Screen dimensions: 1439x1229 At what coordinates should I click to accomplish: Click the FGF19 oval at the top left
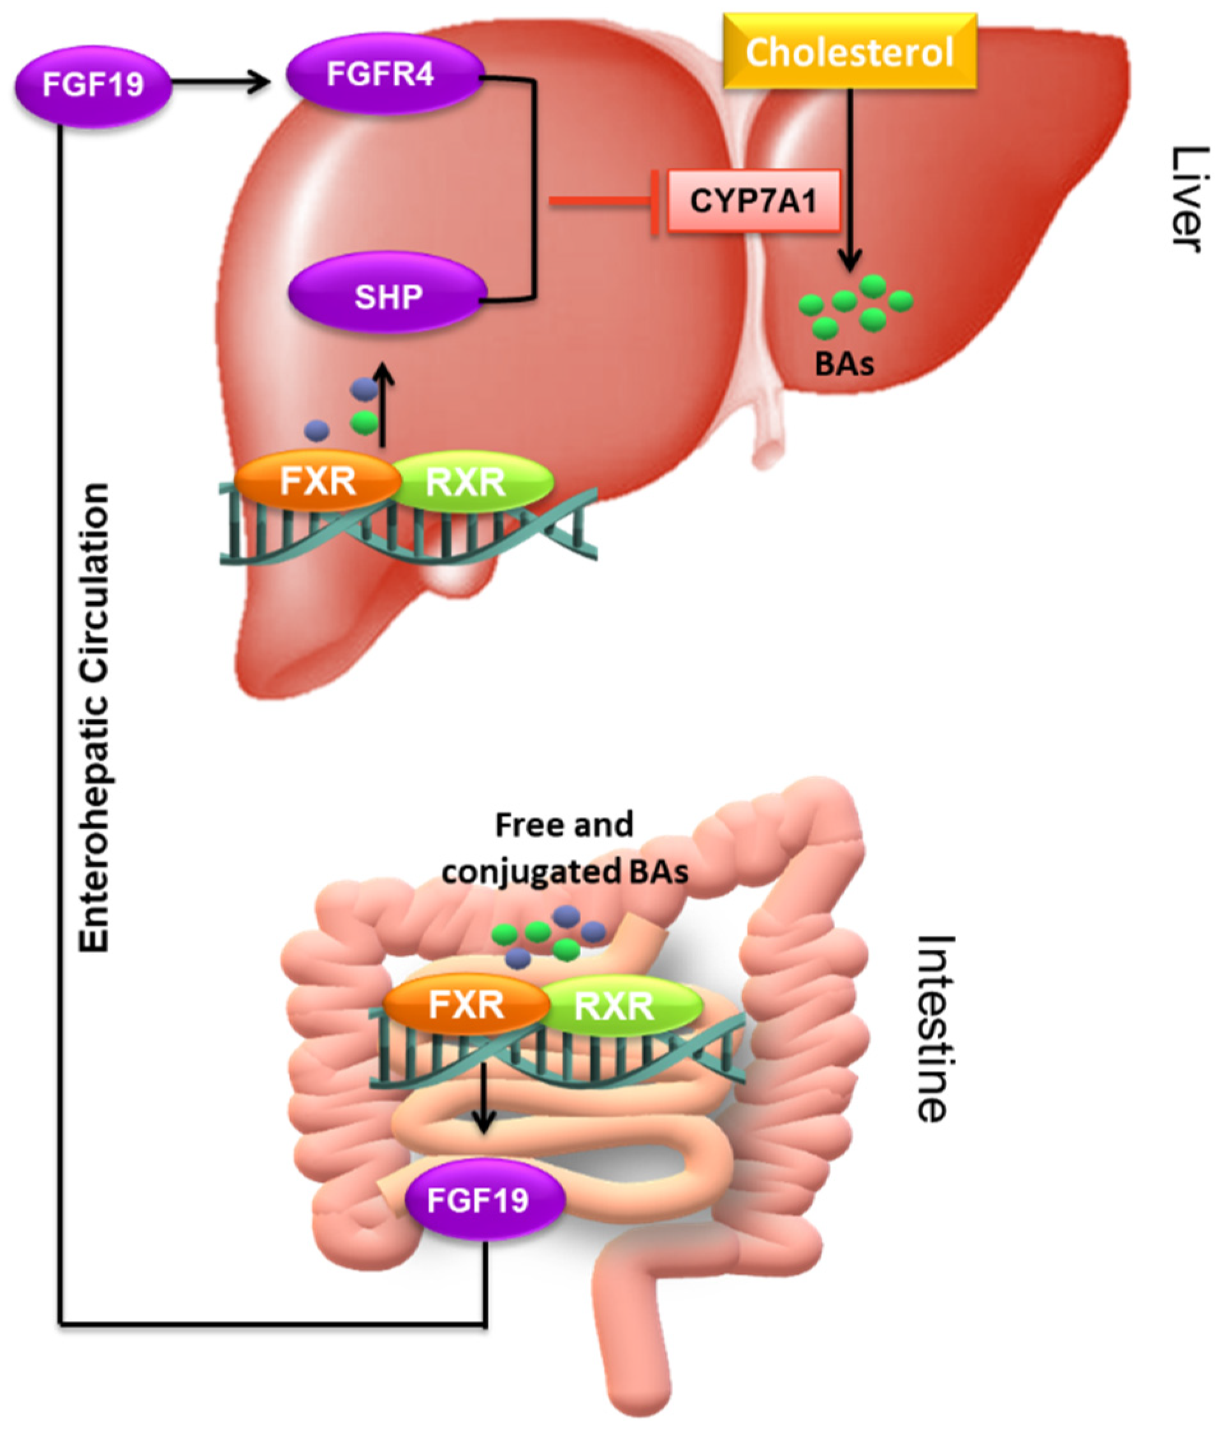point(93,85)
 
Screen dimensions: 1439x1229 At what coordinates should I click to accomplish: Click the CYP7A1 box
point(753,202)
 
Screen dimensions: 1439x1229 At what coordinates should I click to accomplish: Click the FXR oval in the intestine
point(466,1005)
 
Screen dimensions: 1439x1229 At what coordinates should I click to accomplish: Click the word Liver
point(1189,199)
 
